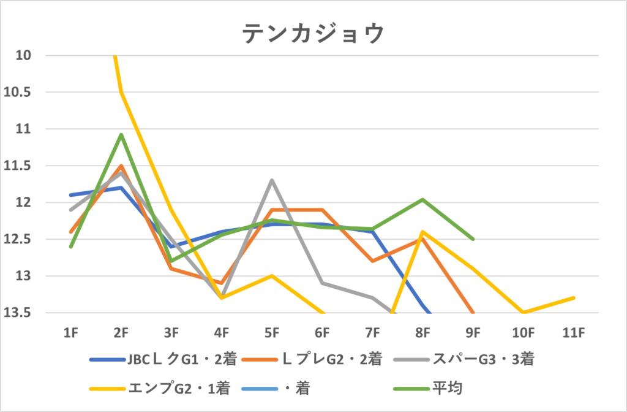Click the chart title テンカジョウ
pyautogui.click(x=313, y=33)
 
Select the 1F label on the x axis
pyautogui.click(x=71, y=332)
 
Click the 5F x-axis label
pyautogui.click(x=272, y=332)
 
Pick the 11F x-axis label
pyautogui.click(x=573, y=332)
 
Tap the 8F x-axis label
pyautogui.click(x=422, y=332)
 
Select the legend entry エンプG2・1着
pyautogui.click(x=177, y=388)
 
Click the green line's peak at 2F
pyautogui.click(x=121, y=134)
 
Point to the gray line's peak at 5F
pyautogui.click(x=272, y=180)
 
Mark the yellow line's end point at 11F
pyautogui.click(x=574, y=298)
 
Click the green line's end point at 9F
pyautogui.click(x=473, y=239)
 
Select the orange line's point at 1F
pyautogui.click(x=71, y=232)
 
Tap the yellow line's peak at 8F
pyautogui.click(x=422, y=232)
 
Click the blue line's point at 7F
pyautogui.click(x=372, y=232)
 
